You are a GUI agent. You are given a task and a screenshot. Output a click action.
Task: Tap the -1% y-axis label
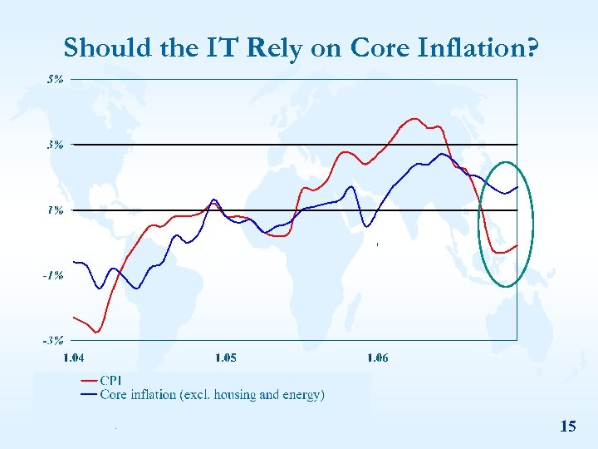pos(53,275)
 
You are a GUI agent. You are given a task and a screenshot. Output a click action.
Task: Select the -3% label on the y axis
pos(53,340)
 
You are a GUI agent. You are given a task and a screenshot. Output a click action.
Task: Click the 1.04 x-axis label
pos(74,358)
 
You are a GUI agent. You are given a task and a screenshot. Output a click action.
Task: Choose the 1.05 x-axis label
pos(225,358)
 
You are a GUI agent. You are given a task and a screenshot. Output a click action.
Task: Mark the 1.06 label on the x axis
pos(377,358)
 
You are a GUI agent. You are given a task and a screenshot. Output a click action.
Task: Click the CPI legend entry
pos(111,381)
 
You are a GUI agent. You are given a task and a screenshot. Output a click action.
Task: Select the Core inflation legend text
pos(212,394)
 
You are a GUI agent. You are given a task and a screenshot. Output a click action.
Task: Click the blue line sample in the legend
pos(88,394)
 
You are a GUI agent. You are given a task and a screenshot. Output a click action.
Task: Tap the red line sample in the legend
pos(88,381)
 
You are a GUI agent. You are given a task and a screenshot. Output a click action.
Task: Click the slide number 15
pos(568,427)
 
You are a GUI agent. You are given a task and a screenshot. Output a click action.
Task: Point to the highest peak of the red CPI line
pos(414,119)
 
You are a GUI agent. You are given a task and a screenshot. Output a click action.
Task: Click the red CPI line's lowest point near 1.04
pos(96,332)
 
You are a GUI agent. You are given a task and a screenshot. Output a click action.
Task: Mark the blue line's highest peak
pos(442,154)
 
